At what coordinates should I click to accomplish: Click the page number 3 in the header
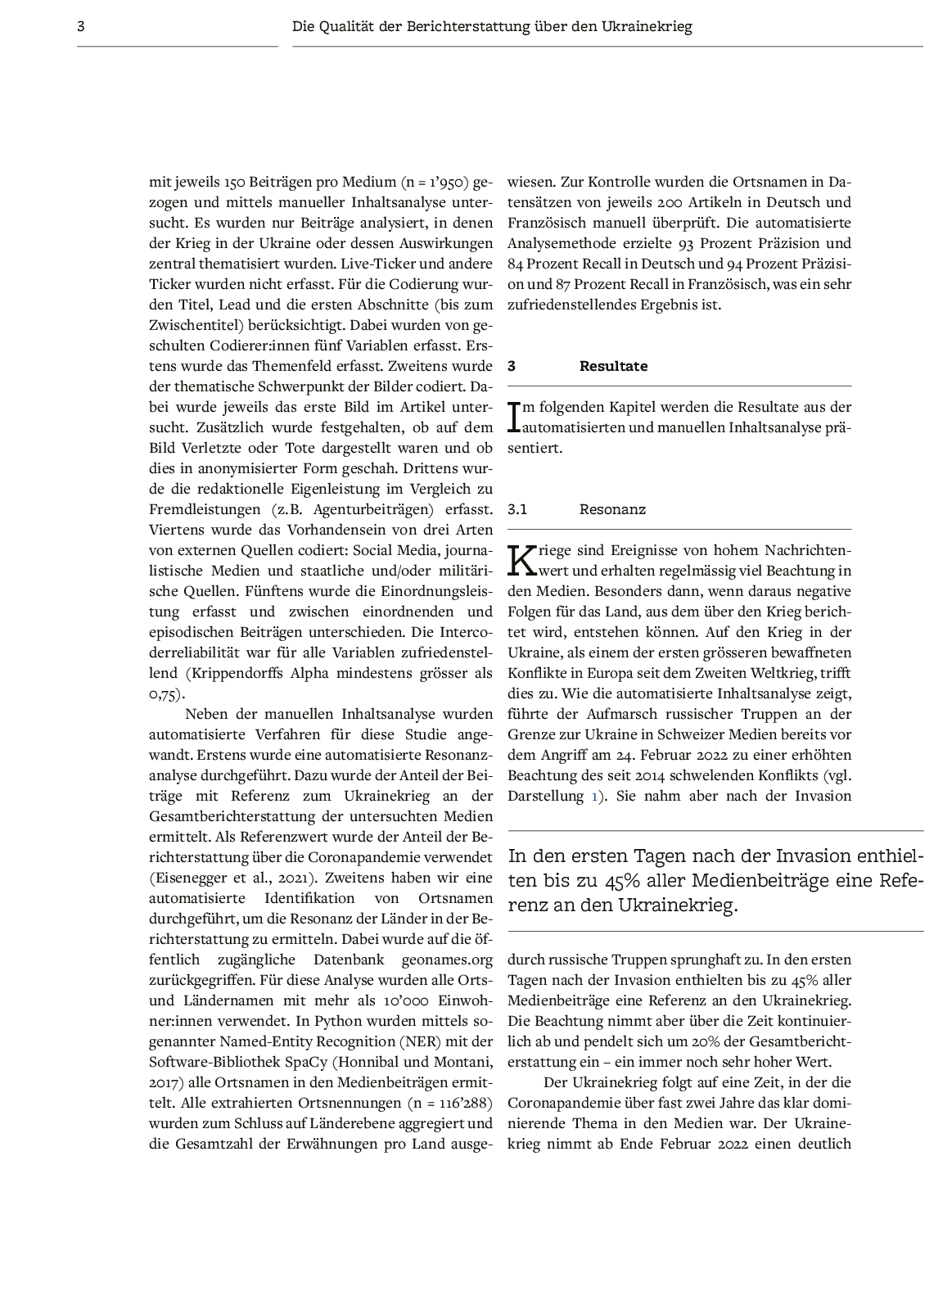click(81, 26)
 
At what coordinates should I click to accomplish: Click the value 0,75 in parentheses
click(164, 693)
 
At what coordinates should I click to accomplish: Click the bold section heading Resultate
click(613, 366)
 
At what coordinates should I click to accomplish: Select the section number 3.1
click(517, 509)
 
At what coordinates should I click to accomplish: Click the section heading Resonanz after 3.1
click(612, 509)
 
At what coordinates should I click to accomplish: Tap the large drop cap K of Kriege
click(521, 560)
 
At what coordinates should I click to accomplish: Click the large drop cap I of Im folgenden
click(514, 417)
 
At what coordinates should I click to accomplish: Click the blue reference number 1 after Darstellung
click(594, 796)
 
